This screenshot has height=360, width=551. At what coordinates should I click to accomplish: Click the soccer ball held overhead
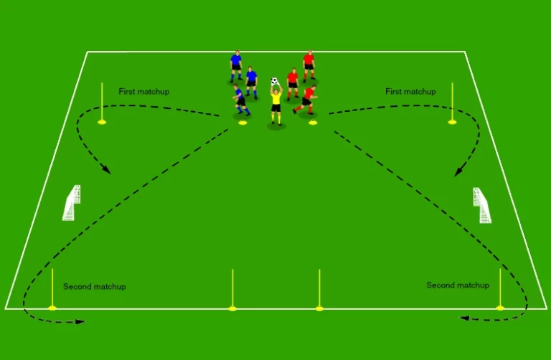pyautogui.click(x=275, y=82)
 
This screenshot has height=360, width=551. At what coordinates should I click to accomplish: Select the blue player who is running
pyautogui.click(x=241, y=100)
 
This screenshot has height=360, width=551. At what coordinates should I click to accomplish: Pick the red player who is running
pyautogui.click(x=306, y=100)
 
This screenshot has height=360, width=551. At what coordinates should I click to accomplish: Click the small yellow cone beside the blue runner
pyautogui.click(x=242, y=123)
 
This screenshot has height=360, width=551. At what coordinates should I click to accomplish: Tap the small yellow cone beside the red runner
pyautogui.click(x=313, y=123)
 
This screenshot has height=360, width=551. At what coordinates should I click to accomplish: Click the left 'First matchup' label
pyautogui.click(x=144, y=92)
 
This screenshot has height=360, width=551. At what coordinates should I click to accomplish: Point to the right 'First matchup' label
pyautogui.click(x=410, y=92)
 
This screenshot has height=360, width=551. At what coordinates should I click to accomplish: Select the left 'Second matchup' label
pyautogui.click(x=95, y=287)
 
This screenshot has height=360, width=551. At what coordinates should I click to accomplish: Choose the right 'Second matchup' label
pyautogui.click(x=458, y=285)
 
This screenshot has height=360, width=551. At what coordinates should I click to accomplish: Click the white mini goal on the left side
pyautogui.click(x=72, y=203)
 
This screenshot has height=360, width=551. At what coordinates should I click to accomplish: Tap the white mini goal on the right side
pyautogui.click(x=482, y=205)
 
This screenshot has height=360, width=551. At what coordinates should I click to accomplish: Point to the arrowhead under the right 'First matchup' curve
pyautogui.click(x=458, y=171)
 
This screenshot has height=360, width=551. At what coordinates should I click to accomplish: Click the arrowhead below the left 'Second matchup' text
pyautogui.click(x=80, y=321)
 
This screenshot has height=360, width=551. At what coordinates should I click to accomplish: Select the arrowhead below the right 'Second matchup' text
pyautogui.click(x=465, y=318)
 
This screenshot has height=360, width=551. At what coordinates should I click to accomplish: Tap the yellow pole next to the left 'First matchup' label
pyautogui.click(x=102, y=103)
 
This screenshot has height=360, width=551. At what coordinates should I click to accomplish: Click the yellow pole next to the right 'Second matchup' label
pyautogui.click(x=500, y=290)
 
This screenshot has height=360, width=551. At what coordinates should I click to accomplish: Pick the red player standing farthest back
pyautogui.click(x=309, y=66)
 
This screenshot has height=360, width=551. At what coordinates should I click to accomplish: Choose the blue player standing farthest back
pyautogui.click(x=236, y=67)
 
